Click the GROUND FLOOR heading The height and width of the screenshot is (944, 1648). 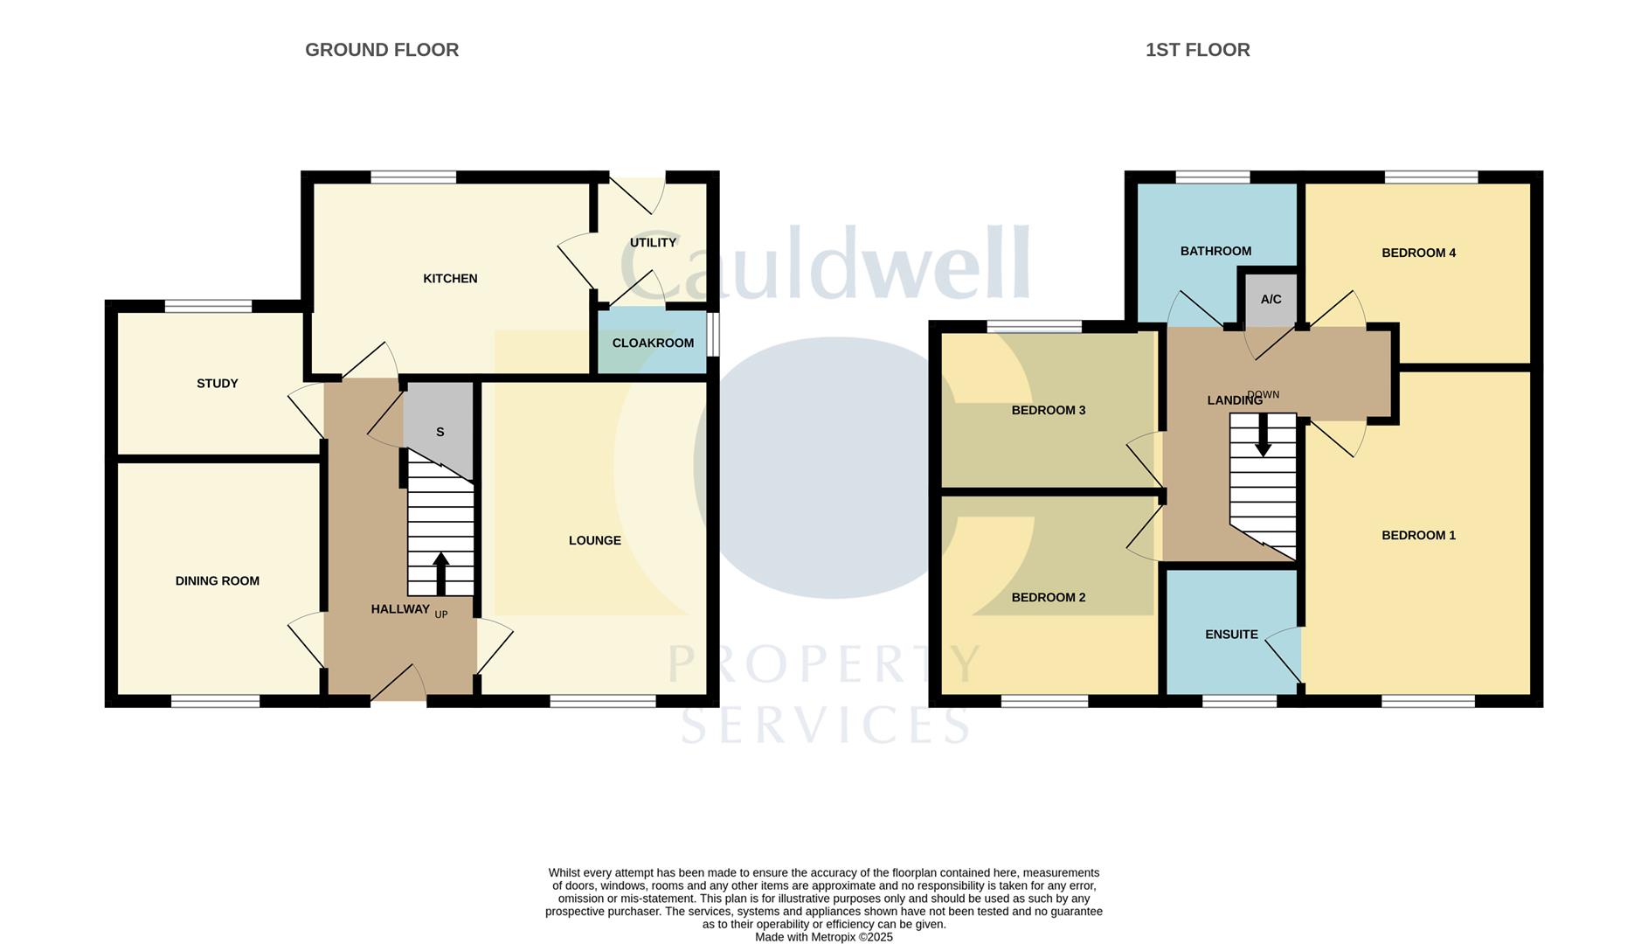click(382, 50)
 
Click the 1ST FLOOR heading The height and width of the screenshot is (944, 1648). click(1197, 50)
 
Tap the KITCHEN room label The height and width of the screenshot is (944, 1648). click(450, 279)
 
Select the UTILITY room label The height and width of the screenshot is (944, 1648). click(653, 243)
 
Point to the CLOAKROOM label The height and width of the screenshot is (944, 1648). click(653, 344)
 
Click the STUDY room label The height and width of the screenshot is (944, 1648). click(217, 384)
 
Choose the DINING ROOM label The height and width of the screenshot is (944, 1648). click(217, 581)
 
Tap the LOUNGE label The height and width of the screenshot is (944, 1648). click(594, 541)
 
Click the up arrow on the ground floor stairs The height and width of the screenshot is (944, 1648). click(441, 573)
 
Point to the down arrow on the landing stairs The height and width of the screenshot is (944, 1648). click(1263, 434)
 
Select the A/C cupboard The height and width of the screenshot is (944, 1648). click(1271, 300)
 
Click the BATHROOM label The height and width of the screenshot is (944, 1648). click(1215, 252)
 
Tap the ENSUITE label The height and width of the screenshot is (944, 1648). click(1231, 635)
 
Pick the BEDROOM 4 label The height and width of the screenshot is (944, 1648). click(1418, 253)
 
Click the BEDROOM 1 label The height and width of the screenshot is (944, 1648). click(1418, 536)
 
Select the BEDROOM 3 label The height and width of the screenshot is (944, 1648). click(1048, 411)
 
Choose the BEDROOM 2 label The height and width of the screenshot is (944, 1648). click(1048, 598)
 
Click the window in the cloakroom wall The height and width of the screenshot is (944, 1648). click(713, 335)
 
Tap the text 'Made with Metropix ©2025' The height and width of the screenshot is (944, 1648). click(824, 937)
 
